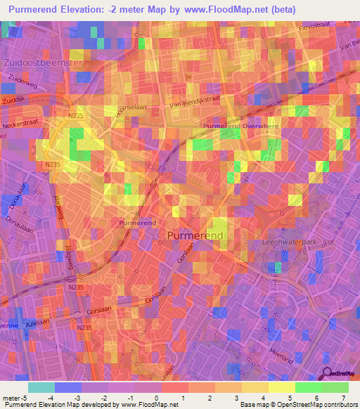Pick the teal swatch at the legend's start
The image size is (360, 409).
(41, 387)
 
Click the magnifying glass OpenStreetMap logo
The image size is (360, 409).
(328, 373)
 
